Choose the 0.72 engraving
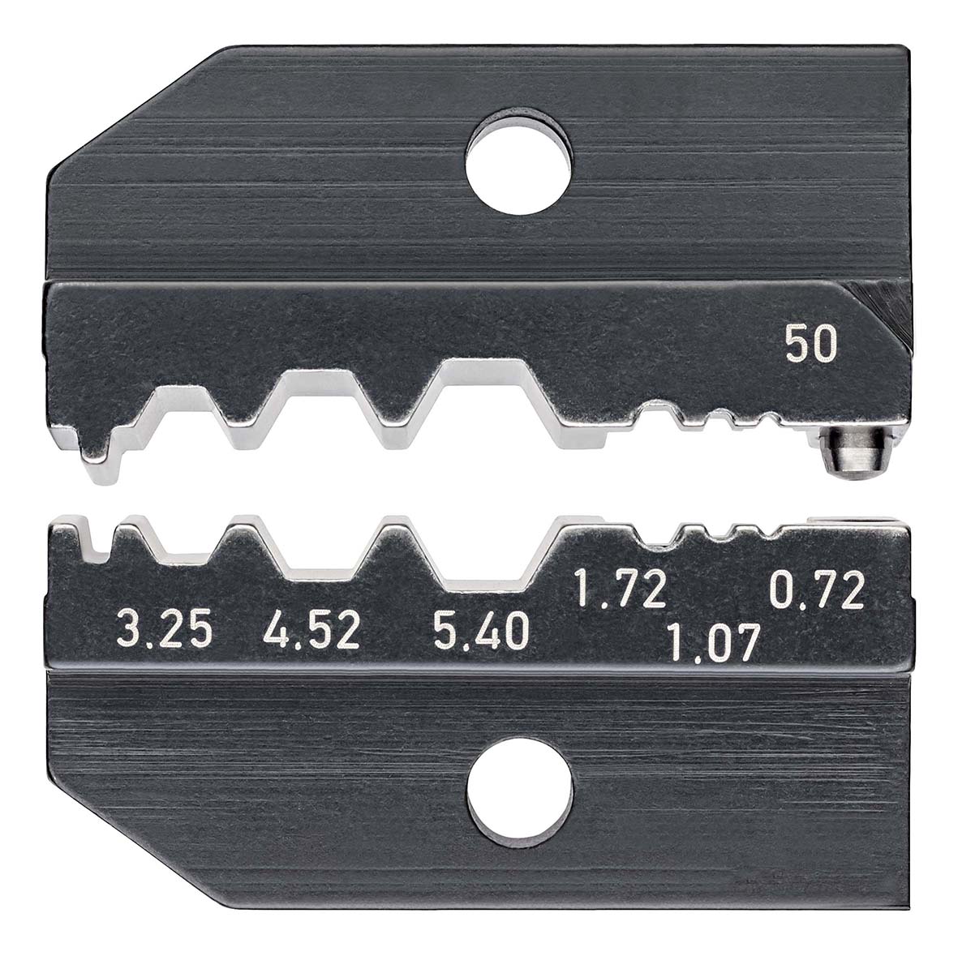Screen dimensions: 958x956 pos(818,589)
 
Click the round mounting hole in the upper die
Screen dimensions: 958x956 pos(518,161)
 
